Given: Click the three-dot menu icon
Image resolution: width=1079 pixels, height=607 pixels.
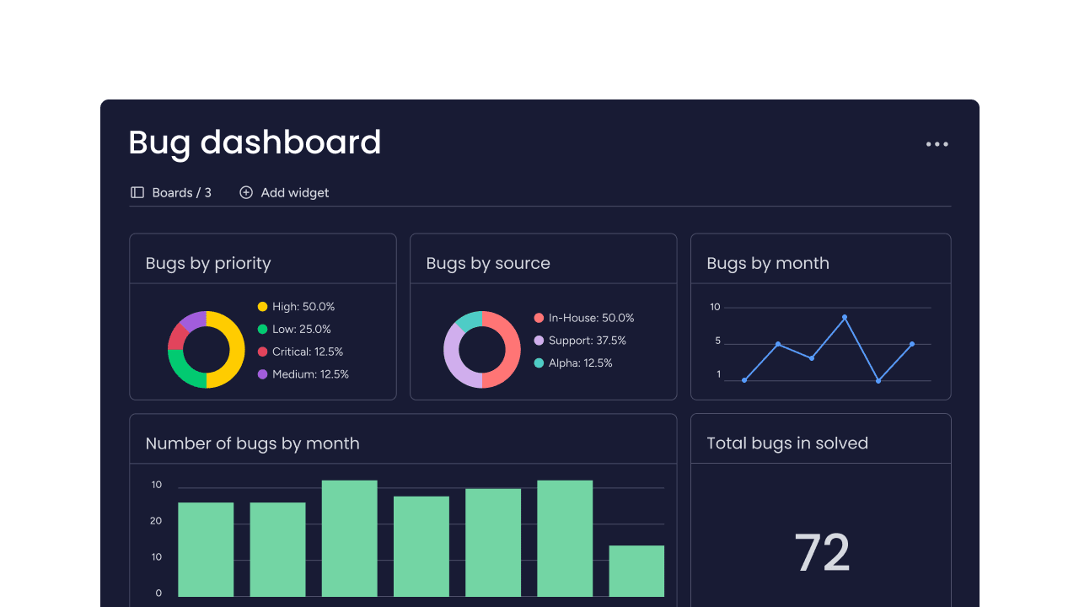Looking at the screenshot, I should click(937, 144).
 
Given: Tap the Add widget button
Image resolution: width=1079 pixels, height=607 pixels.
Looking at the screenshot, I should click(285, 192).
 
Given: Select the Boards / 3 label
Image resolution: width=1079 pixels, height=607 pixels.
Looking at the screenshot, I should click(171, 192).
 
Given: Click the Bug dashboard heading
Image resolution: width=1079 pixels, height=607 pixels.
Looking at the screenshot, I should click(255, 142).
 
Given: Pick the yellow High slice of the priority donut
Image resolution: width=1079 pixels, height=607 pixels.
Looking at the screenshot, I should click(231, 350).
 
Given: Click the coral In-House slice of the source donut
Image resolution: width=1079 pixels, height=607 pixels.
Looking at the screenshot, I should click(507, 349).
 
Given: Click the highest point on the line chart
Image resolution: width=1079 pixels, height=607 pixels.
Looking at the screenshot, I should click(845, 317).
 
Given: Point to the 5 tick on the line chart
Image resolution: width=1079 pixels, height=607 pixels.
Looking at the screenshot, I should click(718, 341).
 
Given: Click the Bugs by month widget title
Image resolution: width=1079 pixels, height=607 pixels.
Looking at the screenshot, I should click(768, 263).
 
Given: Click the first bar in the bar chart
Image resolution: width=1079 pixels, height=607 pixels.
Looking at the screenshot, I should click(206, 549).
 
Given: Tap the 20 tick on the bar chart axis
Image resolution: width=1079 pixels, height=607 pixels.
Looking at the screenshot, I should click(157, 521).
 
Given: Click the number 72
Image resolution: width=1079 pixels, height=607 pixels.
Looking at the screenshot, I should click(822, 553).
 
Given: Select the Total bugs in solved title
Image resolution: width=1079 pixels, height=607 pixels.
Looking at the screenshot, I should click(787, 443).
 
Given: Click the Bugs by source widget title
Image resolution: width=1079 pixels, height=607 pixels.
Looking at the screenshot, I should click(488, 263).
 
